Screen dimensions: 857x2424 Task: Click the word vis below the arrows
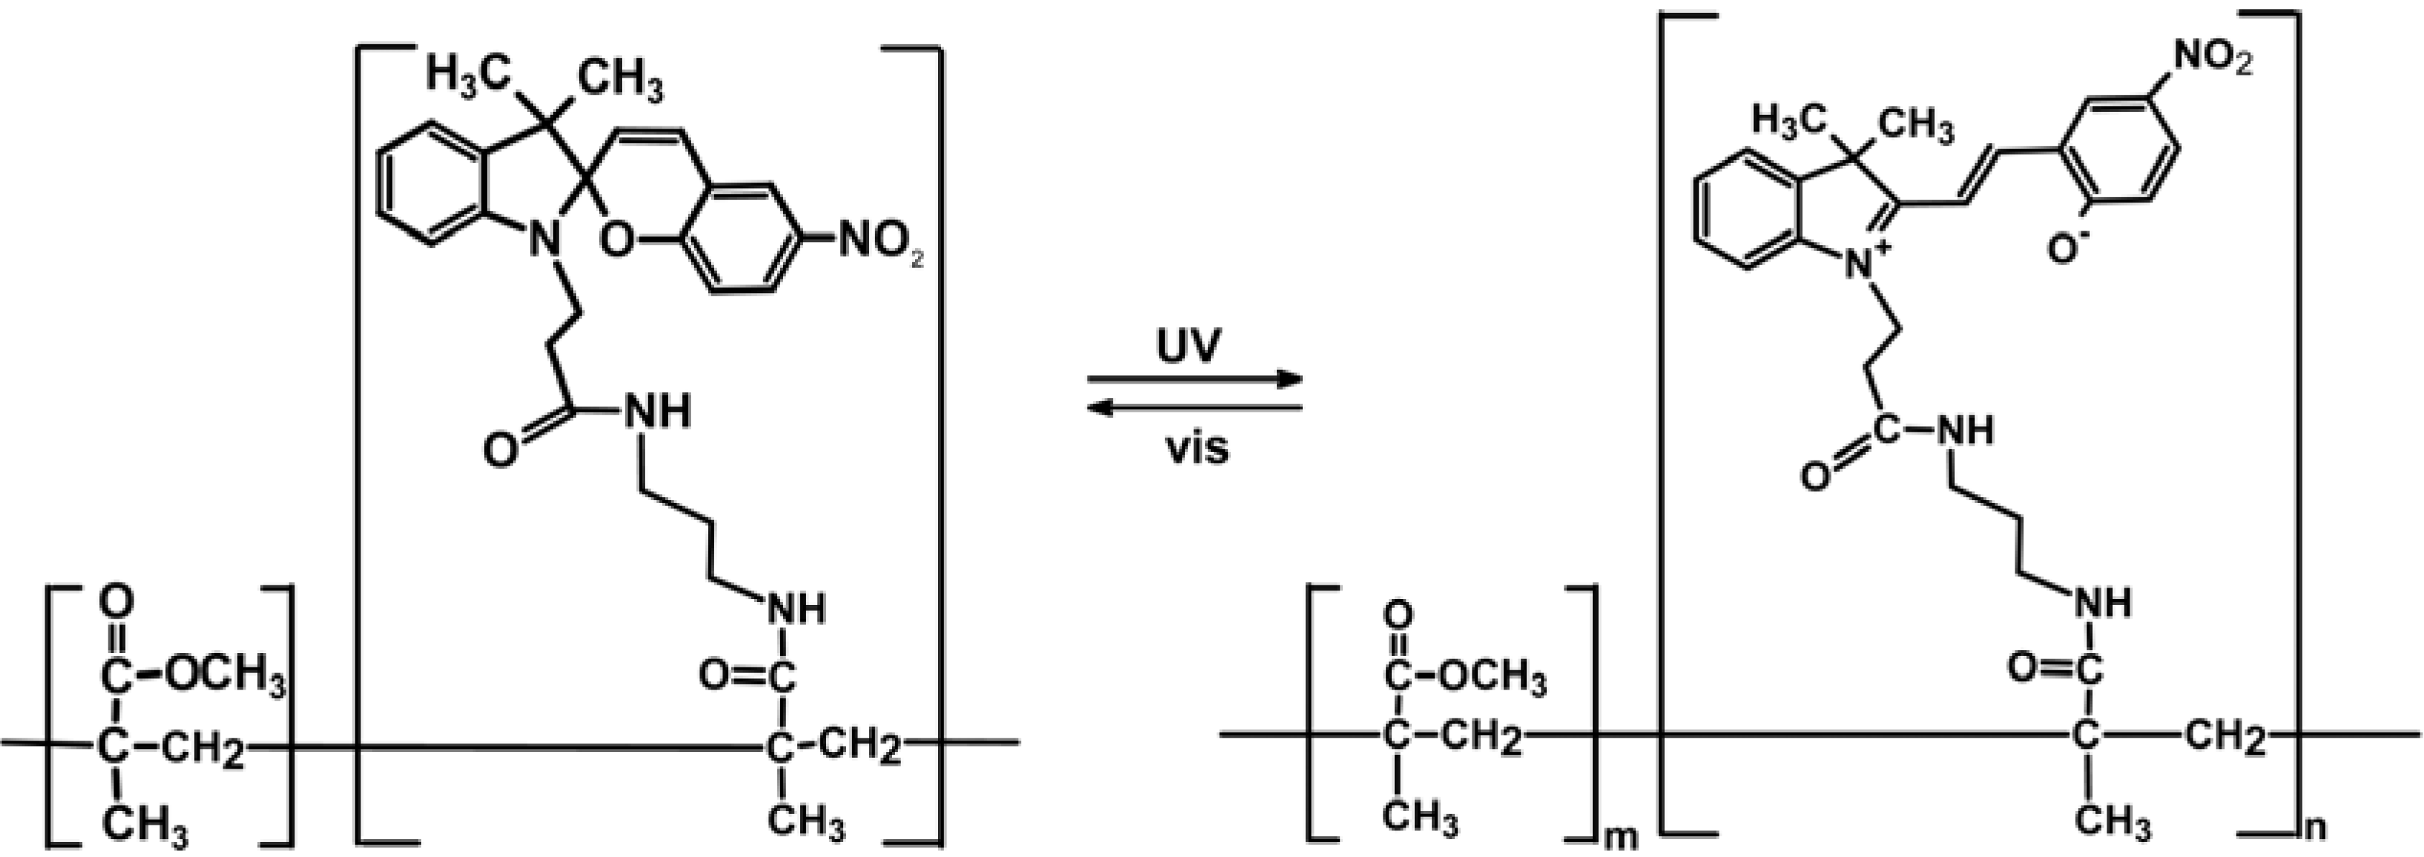[x=1197, y=449]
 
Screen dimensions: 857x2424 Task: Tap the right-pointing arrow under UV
[x=1195, y=380]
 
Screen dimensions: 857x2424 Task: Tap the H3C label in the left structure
[x=468, y=72]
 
